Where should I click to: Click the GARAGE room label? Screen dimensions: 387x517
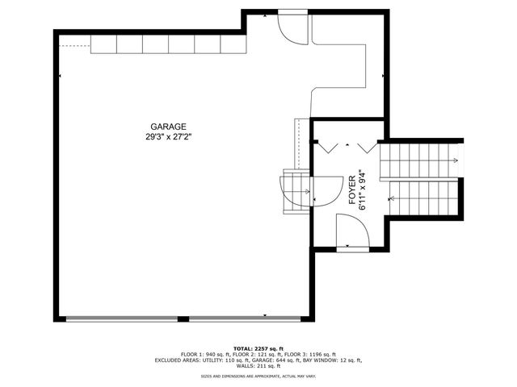[168, 127]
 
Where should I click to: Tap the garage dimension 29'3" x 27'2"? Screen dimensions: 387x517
[168, 137]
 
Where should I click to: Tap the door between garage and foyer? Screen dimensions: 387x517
[323, 189]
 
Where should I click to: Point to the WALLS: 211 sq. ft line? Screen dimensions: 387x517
[259, 367]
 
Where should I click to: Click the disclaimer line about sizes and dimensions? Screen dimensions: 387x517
[259, 377]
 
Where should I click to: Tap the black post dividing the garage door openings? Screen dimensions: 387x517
[184, 319]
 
